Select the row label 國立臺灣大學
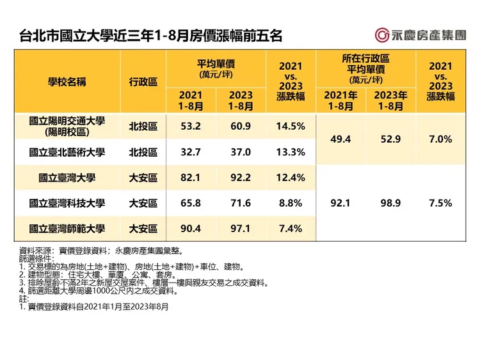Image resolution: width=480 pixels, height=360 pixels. (x=67, y=177)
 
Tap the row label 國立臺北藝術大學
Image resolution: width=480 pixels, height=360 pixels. (x=67, y=152)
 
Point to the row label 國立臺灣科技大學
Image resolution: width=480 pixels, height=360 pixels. (x=67, y=203)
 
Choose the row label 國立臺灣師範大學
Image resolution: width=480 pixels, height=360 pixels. (x=67, y=228)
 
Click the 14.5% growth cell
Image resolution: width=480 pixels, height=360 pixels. (x=291, y=126)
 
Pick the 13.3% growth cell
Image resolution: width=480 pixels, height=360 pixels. (x=291, y=152)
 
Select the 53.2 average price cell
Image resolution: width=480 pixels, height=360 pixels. (x=191, y=126)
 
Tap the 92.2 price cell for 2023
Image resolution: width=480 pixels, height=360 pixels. (x=241, y=177)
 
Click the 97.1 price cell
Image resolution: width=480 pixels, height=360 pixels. (x=241, y=228)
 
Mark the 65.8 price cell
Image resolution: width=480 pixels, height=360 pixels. (x=191, y=203)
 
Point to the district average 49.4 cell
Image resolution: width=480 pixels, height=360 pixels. (x=340, y=139)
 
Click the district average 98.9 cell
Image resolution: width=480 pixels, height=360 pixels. (x=390, y=203)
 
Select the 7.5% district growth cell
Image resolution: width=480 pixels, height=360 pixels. (x=440, y=203)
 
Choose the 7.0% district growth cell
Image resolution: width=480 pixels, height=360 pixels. (x=440, y=139)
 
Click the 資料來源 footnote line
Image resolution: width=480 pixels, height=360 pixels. (x=102, y=251)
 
